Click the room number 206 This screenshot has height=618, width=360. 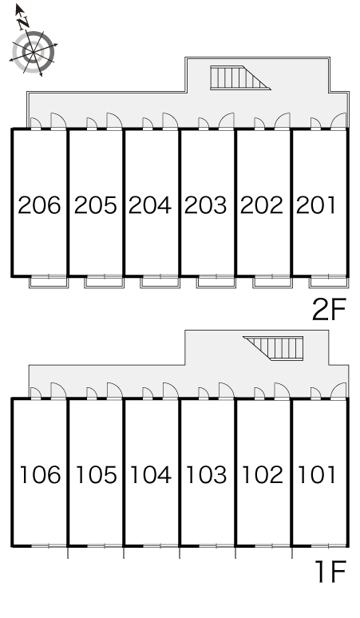click(40, 205)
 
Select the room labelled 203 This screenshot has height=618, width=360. click(206, 205)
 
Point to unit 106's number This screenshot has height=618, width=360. click(41, 474)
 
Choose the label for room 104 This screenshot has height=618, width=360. click(151, 474)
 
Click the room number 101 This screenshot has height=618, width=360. click(317, 474)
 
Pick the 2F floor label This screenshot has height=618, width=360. click(329, 309)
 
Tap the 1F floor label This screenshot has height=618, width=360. click(331, 572)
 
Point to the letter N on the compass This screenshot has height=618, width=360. click(23, 22)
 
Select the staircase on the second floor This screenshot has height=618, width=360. click(240, 77)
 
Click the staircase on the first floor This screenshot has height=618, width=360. click(273, 348)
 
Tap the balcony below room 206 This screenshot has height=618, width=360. click(49, 281)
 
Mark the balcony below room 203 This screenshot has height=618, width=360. click(216, 281)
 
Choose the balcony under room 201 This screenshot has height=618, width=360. click(329, 281)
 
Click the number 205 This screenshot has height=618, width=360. click(96, 205)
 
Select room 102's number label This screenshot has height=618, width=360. click(263, 474)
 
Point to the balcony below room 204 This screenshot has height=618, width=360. click(160, 281)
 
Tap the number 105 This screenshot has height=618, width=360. click(97, 474)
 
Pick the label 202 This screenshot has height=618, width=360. click(262, 205)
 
